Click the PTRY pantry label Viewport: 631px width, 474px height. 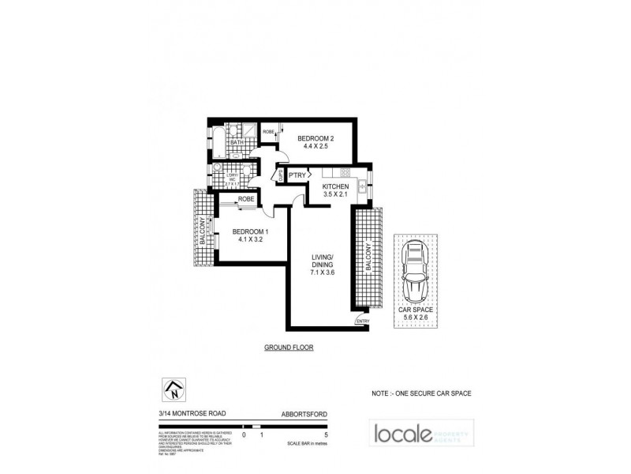point(297,175)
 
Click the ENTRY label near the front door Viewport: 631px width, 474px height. point(362,321)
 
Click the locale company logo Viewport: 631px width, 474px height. point(418,434)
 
